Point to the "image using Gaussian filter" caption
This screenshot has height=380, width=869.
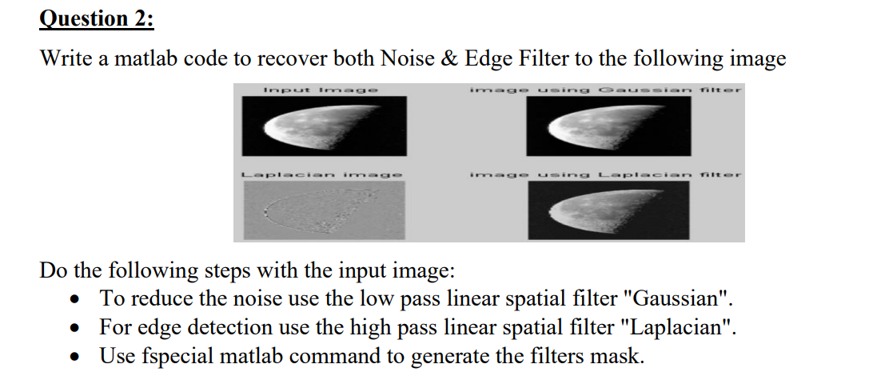[606, 90]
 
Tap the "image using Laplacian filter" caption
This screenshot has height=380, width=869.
[606, 173]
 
